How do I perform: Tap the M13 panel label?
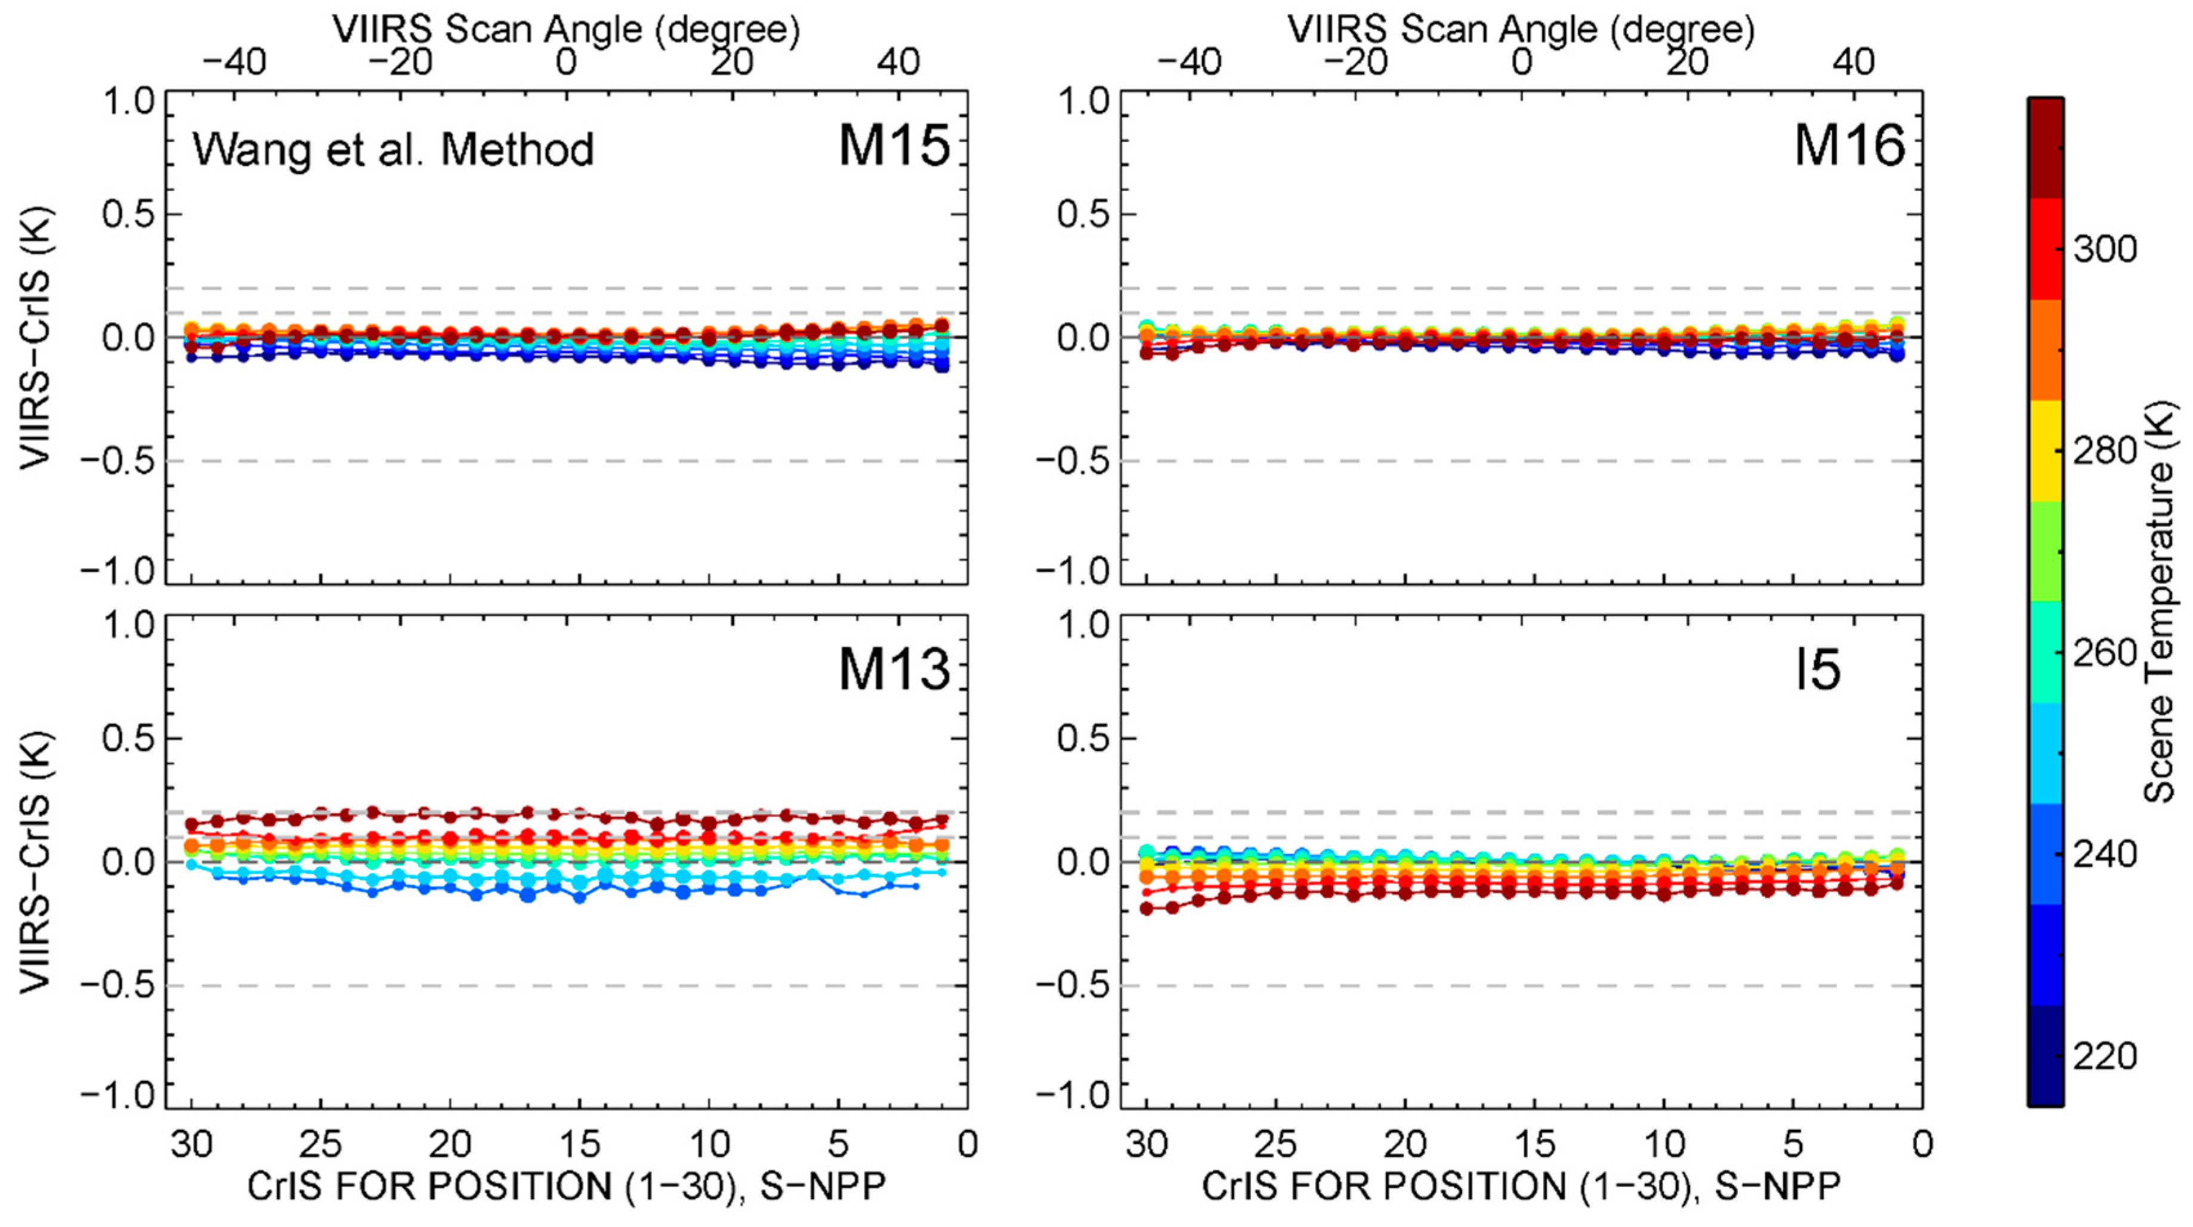pos(893,669)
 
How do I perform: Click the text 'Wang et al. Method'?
pos(393,150)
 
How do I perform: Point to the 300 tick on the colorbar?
pos(2103,249)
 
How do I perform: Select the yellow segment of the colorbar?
pos(2045,452)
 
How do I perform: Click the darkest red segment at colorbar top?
pos(2045,149)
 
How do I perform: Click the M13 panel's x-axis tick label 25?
pos(320,1143)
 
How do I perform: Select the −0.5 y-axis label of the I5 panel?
pos(1075,985)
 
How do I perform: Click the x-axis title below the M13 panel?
pos(566,1186)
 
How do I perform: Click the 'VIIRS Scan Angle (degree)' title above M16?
pos(1521,30)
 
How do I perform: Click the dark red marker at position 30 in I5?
pos(1146,908)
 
